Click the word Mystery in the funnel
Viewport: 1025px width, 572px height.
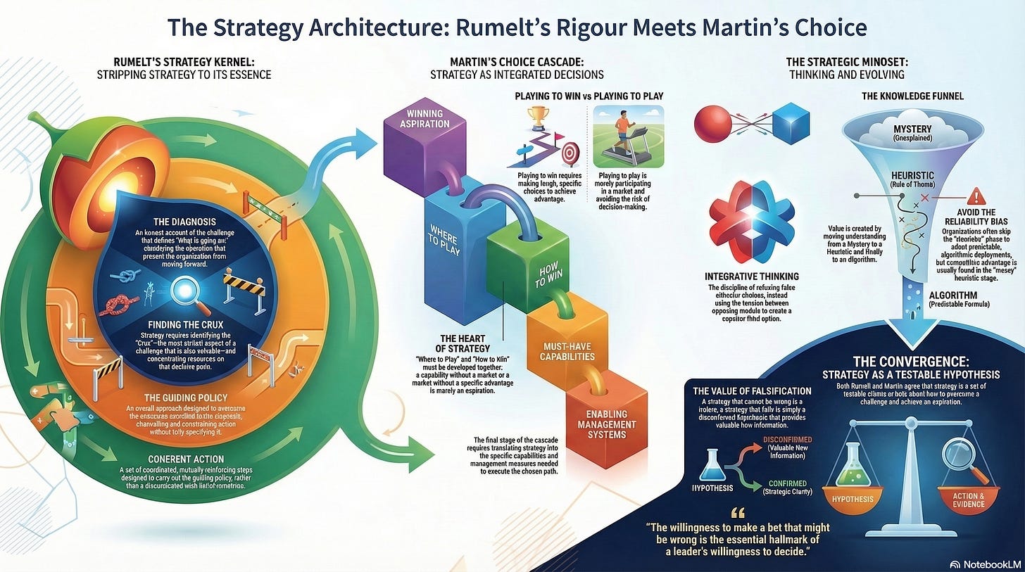892,130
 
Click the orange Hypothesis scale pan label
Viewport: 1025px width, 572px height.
853,500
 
